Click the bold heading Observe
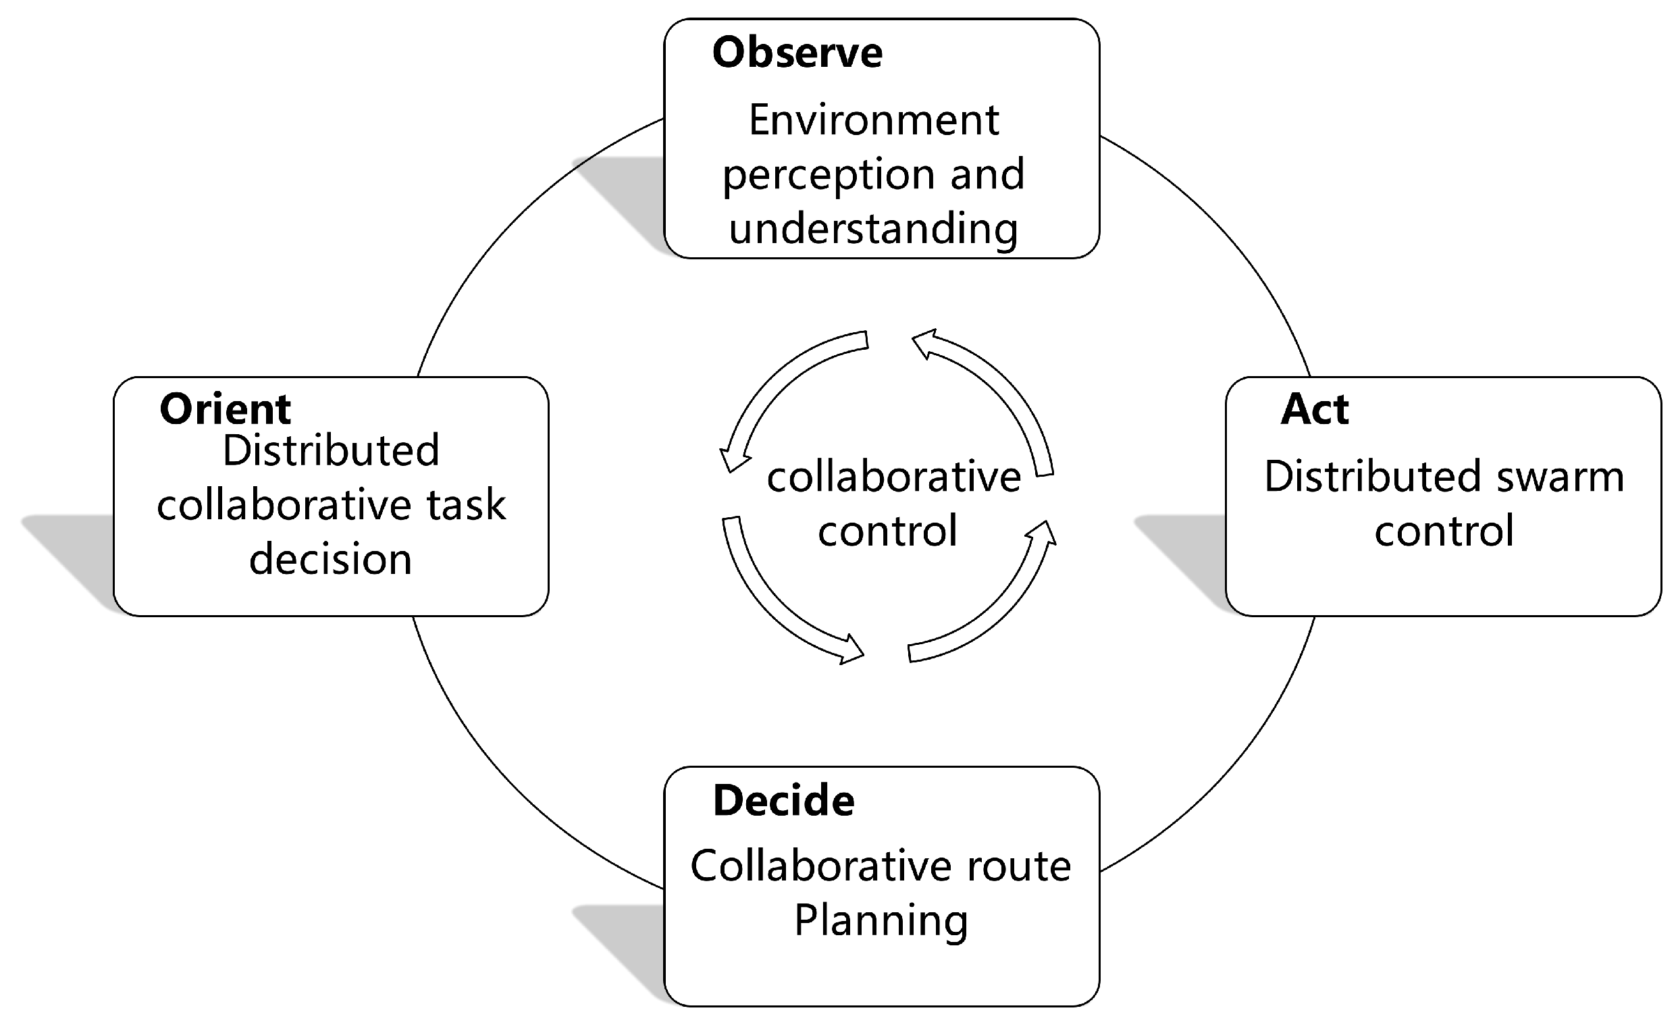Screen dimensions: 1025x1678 [797, 53]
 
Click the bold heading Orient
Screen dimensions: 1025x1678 [225, 409]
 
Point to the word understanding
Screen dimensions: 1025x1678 [874, 228]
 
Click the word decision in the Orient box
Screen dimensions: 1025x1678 [330, 560]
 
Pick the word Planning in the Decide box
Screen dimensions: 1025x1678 [881, 921]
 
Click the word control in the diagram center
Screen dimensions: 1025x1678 [887, 531]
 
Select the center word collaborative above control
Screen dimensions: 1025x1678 [893, 477]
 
